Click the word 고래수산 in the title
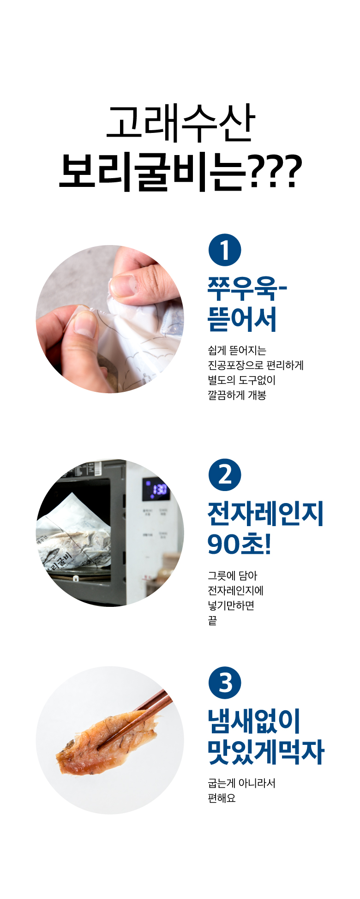180,123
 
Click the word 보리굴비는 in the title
153,172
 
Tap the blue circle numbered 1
225,250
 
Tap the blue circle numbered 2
225,475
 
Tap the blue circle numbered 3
225,683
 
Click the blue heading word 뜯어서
242,319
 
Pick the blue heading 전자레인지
265,514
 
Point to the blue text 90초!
239,545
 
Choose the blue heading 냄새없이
254,721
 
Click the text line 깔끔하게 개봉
237,395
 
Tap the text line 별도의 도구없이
241,380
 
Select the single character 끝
212,620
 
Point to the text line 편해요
222,798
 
